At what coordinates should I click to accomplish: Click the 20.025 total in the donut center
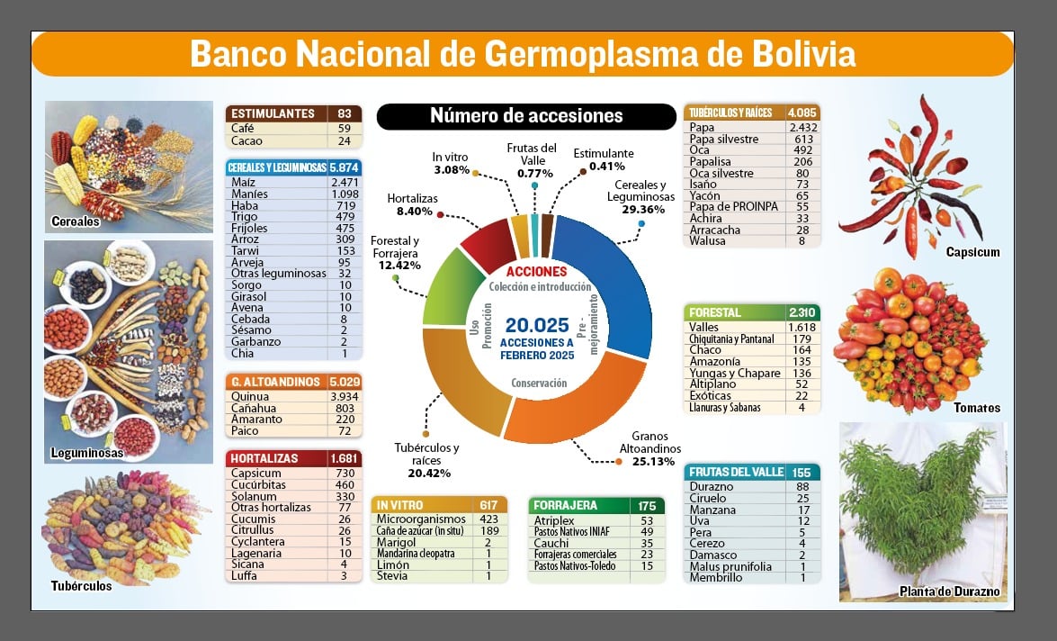click(537, 325)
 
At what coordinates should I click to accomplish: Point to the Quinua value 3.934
click(344, 397)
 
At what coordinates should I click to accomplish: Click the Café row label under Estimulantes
click(243, 128)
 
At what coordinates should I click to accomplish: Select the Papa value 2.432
click(802, 127)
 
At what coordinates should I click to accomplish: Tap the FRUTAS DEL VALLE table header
click(736, 473)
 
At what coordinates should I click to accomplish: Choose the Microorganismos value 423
click(488, 519)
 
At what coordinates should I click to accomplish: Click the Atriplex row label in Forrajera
click(554, 521)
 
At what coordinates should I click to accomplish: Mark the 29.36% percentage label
click(643, 210)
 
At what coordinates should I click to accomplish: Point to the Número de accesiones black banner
click(526, 116)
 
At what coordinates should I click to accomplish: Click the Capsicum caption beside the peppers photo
click(972, 252)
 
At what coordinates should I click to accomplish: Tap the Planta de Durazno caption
click(949, 591)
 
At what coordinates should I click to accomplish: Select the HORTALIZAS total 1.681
click(344, 459)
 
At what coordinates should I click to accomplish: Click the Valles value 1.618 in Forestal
click(802, 327)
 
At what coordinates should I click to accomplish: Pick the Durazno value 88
click(802, 486)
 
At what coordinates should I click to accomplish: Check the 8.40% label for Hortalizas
click(415, 212)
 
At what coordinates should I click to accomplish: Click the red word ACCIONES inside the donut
click(536, 271)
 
